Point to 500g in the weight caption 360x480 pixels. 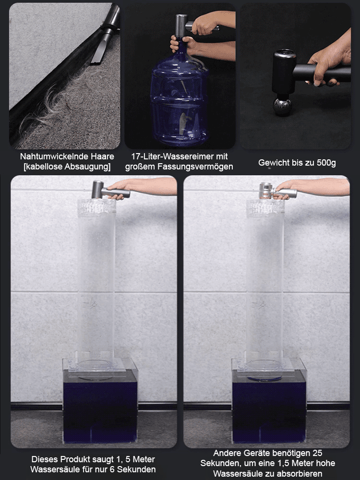point(326,163)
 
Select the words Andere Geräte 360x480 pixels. point(240,453)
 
